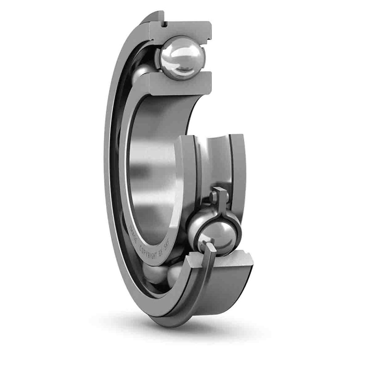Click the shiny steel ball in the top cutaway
182,57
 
